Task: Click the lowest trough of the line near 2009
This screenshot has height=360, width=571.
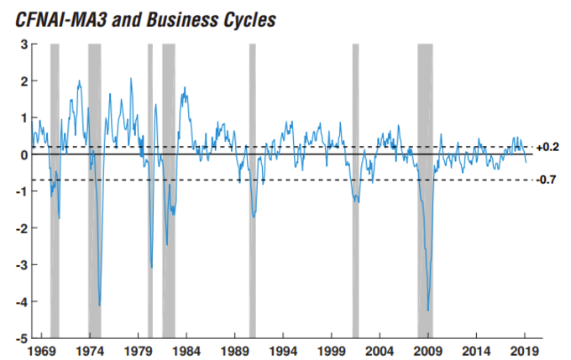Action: (x=428, y=310)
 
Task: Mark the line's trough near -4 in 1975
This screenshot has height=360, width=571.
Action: (x=99, y=305)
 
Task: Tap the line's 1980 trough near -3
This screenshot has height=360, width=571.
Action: (x=151, y=267)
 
